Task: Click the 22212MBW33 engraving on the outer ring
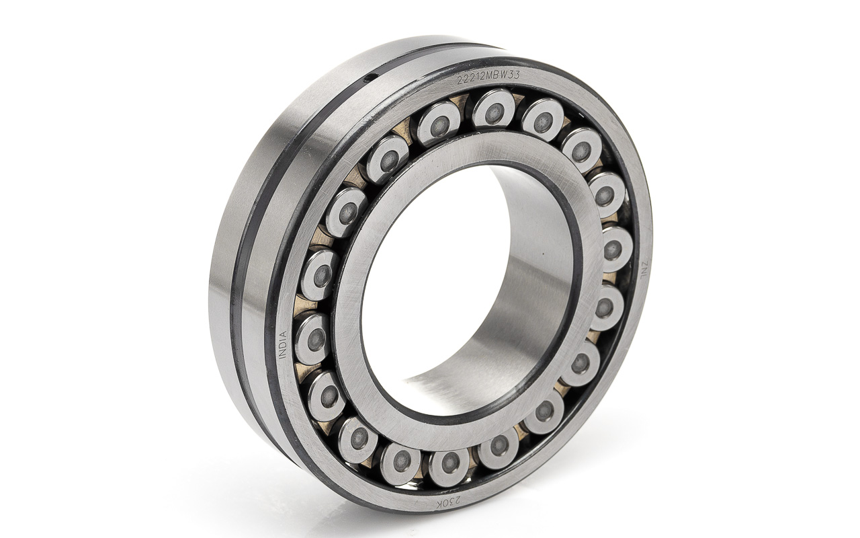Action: (x=488, y=77)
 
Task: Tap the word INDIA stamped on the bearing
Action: (x=284, y=344)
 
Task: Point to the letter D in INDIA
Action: (x=284, y=344)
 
